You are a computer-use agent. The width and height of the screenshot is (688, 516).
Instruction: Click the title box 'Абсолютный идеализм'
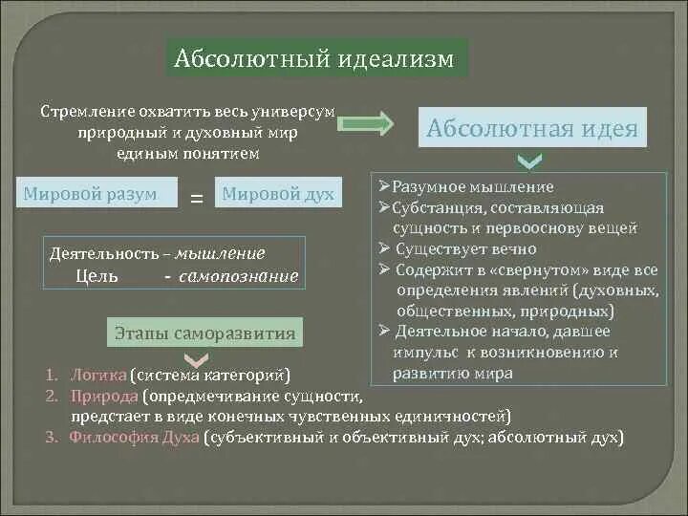316,60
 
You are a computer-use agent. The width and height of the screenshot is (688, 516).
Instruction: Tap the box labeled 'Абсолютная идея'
532,128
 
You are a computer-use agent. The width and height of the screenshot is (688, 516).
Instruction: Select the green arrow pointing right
366,123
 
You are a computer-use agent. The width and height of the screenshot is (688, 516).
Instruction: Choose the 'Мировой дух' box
278,194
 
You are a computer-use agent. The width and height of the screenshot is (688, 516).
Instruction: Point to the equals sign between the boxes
197,198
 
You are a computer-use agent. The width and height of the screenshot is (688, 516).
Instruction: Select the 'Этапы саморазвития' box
204,333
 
